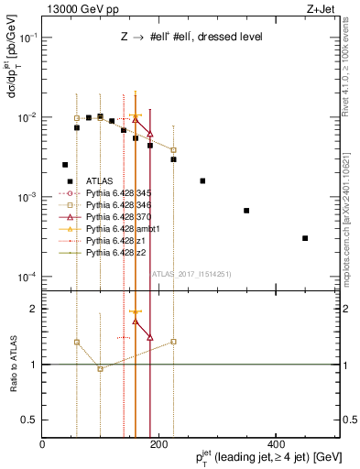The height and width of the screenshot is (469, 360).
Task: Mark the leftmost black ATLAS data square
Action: (65, 165)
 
